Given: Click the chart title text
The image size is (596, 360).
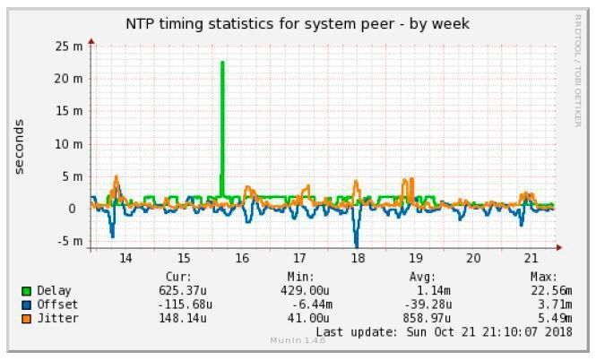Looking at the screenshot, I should pos(297,22).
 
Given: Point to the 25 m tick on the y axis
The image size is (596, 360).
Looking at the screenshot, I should pos(68,46).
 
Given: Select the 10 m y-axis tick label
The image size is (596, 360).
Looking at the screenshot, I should pos(68,143).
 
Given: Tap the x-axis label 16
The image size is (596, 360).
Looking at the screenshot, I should pos(241,258).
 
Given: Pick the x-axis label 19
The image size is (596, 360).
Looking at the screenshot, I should pos(415,258).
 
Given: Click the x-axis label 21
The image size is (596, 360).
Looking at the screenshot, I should pos(531,258).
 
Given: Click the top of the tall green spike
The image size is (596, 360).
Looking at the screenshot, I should pos(222,63).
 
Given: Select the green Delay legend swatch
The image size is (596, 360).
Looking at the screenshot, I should pos(27,291).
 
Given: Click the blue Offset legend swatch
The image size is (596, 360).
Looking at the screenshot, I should pos(27,304).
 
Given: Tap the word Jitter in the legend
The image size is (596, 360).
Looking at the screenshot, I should pos(57,318).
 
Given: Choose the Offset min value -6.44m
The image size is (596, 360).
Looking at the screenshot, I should pos(312,304).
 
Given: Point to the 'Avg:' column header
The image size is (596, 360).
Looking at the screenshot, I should pos(421,278).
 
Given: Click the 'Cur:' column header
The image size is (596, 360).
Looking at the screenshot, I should pos(179,278).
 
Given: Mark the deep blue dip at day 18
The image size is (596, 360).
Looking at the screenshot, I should pos(357,242).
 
